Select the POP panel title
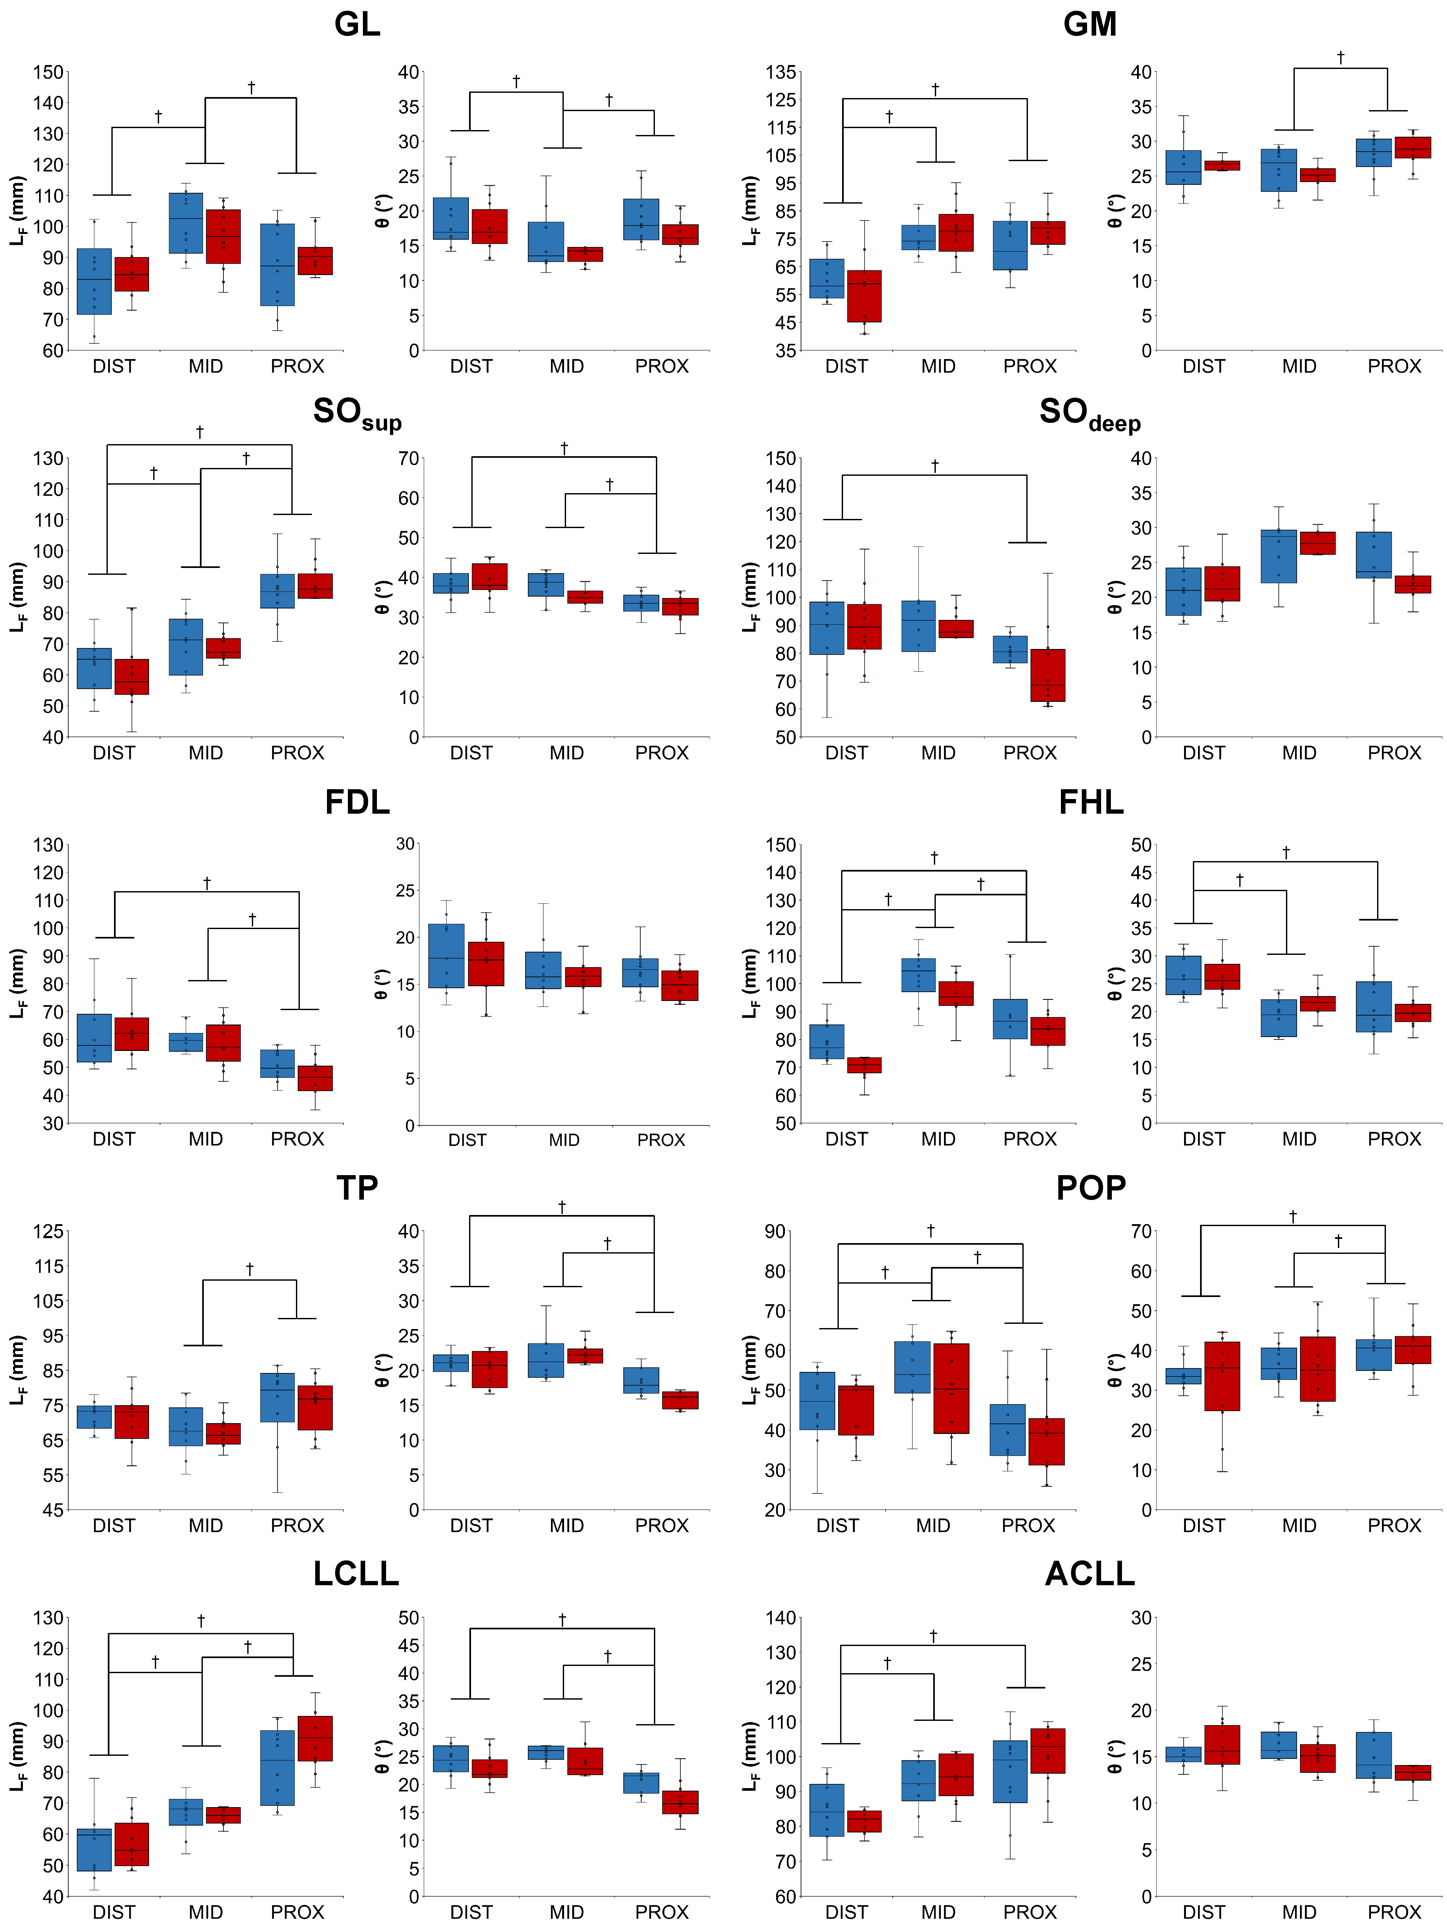pos(1090,1188)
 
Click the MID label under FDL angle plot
pos(564,1140)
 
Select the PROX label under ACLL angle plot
pos(1394,1912)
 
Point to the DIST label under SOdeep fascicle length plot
pos(846,752)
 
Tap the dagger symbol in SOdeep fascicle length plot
pos(934,466)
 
